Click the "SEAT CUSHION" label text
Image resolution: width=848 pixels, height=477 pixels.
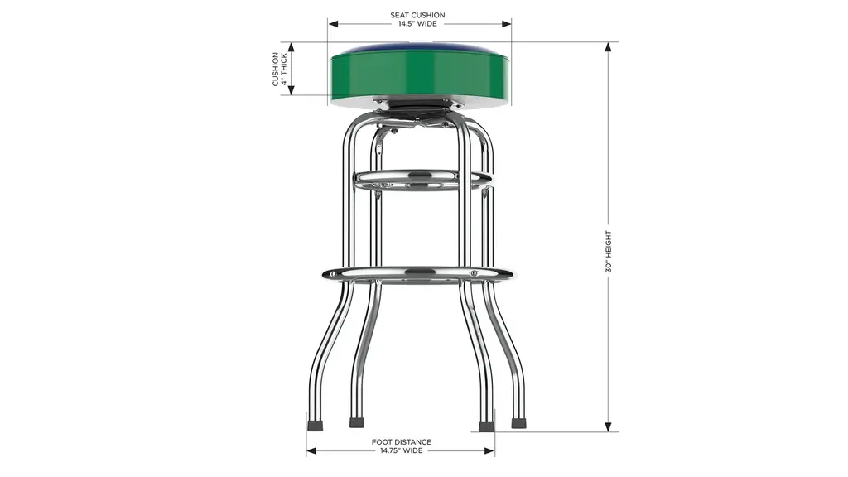(x=417, y=15)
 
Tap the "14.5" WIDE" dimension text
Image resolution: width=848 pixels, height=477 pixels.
(x=417, y=24)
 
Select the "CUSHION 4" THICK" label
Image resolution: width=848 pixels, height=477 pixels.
(x=280, y=70)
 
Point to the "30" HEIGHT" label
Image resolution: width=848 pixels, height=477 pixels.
(x=609, y=252)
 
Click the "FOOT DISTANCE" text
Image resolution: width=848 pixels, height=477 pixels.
(x=402, y=442)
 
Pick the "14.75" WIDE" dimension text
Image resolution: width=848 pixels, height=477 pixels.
(x=402, y=450)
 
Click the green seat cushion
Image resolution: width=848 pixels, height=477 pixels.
(x=420, y=75)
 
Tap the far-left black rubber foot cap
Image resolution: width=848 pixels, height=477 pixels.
(x=316, y=425)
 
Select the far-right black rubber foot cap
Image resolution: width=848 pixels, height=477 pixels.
(x=518, y=423)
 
